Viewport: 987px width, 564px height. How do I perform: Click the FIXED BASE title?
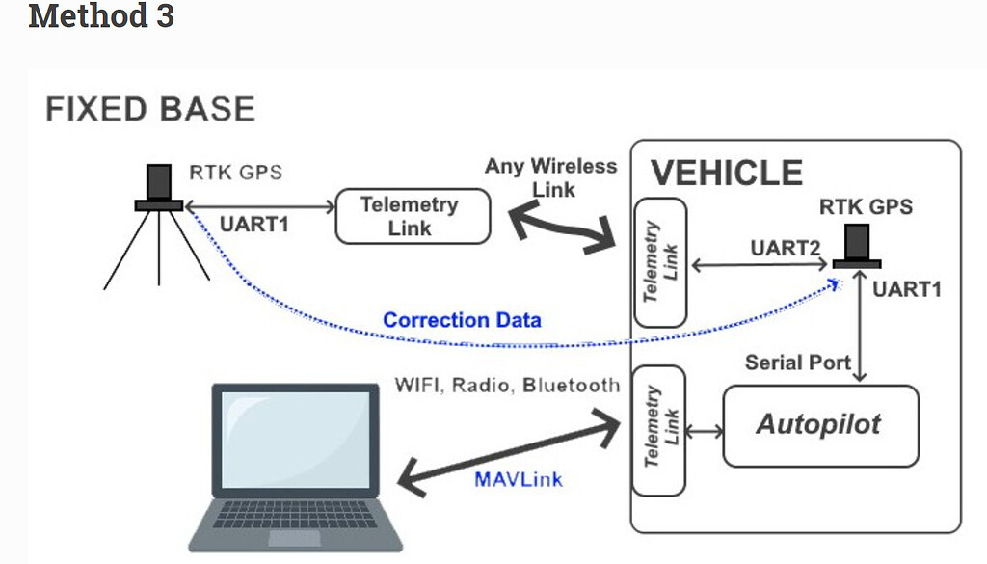tap(150, 109)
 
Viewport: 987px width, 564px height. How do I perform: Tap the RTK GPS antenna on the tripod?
tap(159, 188)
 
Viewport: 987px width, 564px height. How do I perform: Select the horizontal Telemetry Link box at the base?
tap(412, 216)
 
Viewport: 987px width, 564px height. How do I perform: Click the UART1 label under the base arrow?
tap(253, 225)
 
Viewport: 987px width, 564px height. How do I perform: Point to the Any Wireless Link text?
tap(551, 177)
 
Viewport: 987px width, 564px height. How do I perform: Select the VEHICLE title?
tap(727, 173)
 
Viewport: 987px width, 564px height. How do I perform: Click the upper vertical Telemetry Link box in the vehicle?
tap(661, 262)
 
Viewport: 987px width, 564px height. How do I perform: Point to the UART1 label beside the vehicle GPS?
tap(906, 288)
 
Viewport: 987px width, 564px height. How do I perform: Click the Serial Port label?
tap(798, 363)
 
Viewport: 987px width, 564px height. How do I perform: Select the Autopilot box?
tap(819, 425)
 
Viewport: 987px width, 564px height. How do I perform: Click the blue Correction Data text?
tap(462, 319)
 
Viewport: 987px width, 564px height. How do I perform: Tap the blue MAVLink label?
tap(519, 478)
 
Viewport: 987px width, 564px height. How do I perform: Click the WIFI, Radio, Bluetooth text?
tap(507, 386)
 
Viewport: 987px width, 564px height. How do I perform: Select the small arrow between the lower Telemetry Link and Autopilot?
tap(706, 431)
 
